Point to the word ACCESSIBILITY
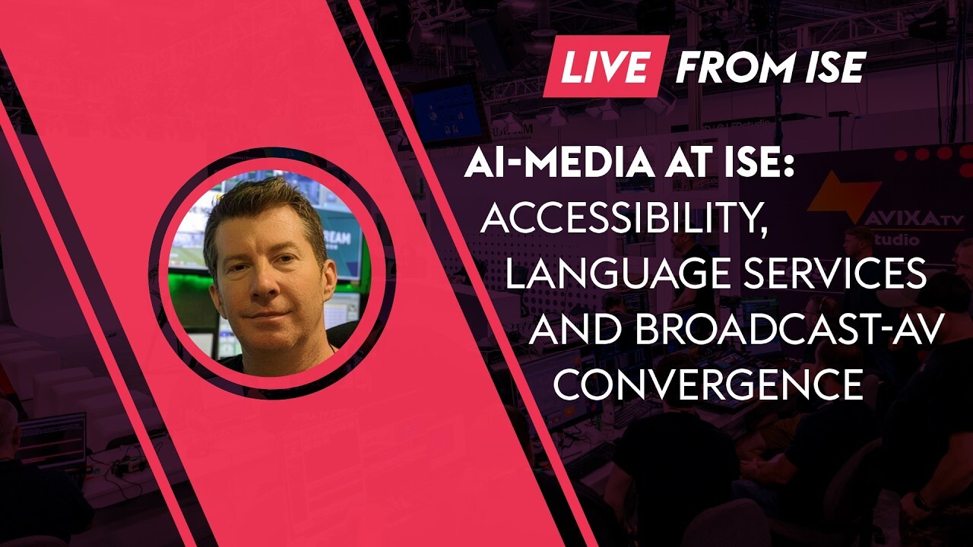coord(623,220)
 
